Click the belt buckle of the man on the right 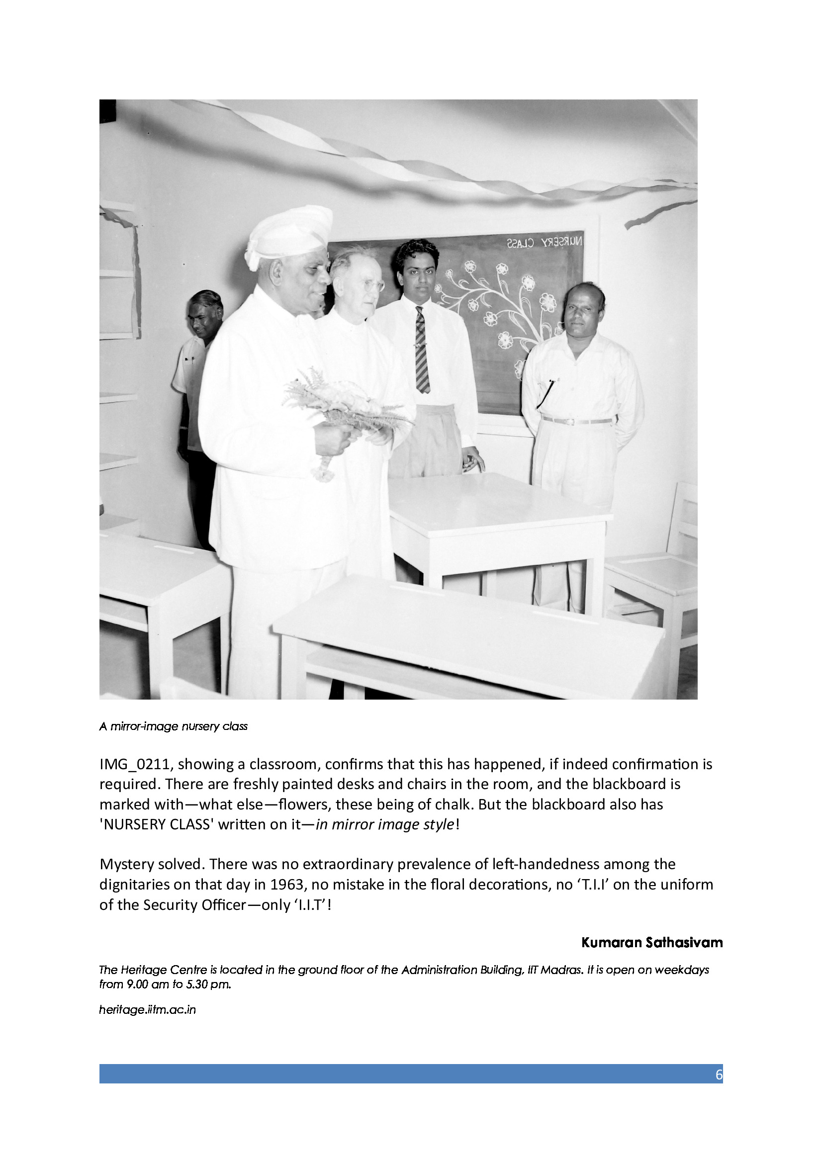571,422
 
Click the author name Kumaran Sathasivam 651,943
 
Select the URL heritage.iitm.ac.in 147,1009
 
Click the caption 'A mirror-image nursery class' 173,727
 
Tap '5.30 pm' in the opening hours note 211,984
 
